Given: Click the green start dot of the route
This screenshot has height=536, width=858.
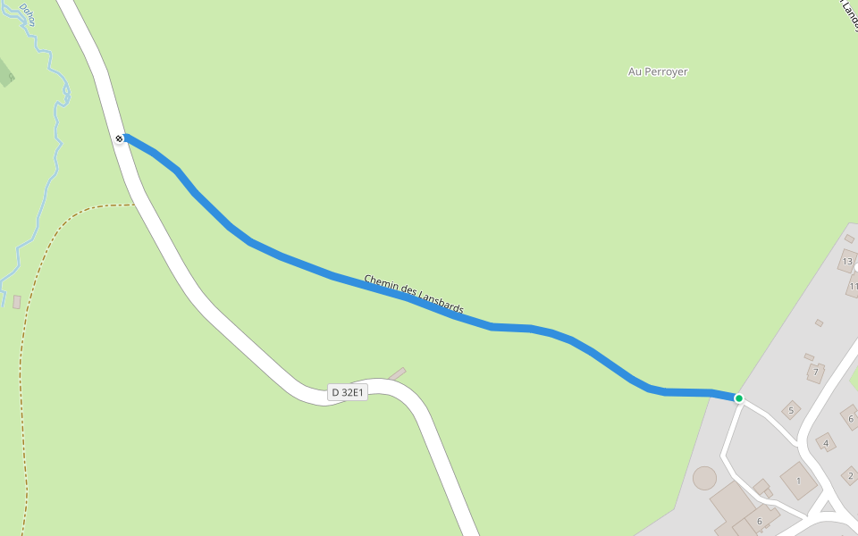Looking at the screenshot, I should pos(739,398).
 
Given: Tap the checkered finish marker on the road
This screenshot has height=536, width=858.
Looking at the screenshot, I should pos(119,138).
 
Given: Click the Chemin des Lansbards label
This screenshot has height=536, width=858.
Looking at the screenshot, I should pos(414,294).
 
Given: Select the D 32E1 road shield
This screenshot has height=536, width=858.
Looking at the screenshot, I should pos(348,392).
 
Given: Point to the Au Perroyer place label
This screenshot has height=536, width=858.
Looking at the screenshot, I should pos(658,71).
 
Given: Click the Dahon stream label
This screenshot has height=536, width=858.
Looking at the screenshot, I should pos(26,13).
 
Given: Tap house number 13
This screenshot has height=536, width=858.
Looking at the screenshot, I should pos(847,262).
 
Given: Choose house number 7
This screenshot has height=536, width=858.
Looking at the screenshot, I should pos(815,372).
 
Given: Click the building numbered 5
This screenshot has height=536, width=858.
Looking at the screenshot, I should pos(790,411).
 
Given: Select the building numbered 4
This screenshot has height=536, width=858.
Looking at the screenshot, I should pos(826,443).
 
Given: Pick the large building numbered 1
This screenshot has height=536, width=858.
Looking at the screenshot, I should pos(798,481).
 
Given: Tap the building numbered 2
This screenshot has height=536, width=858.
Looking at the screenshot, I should pos(850,475).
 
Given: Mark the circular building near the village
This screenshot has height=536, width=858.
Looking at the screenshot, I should pos(704,478).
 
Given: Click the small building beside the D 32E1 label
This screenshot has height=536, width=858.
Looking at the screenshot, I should pos(397,373).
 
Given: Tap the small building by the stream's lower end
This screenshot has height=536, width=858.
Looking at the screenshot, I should pos(16,302).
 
